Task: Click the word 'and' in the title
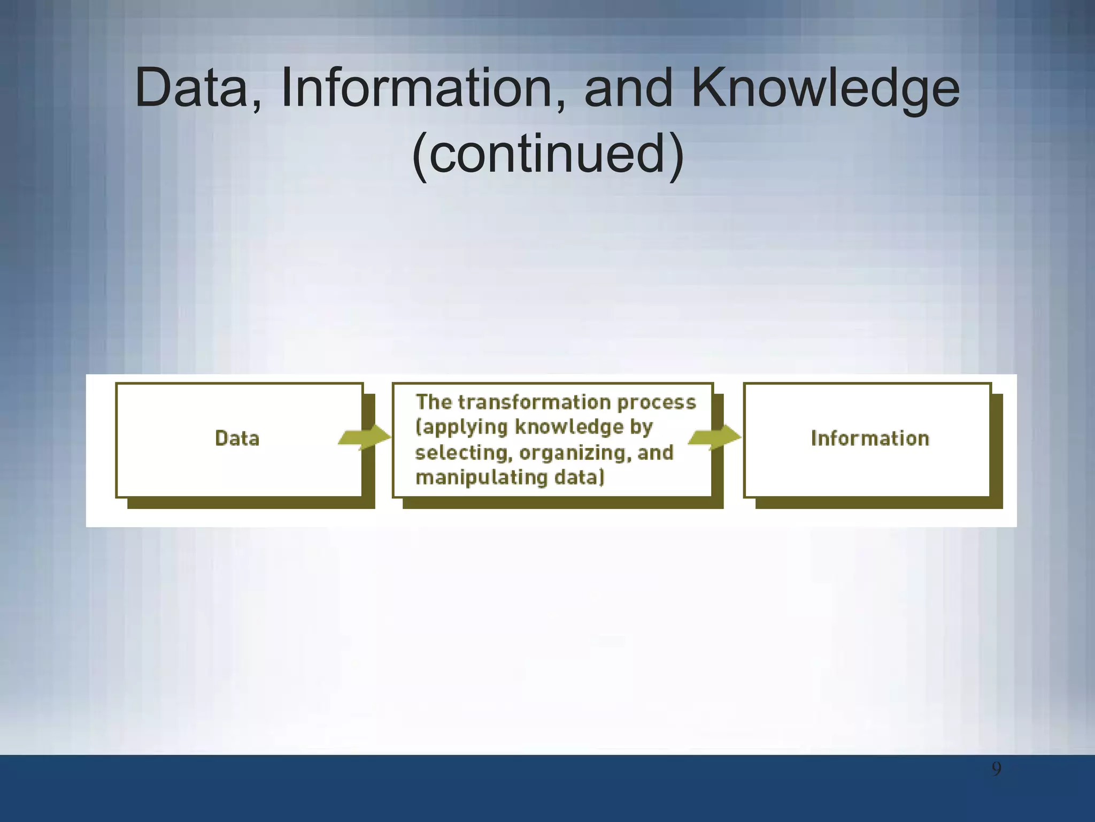[628, 88]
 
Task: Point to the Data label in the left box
[237, 438]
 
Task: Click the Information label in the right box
[870, 438]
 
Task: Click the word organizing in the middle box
[573, 453]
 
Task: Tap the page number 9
[996, 769]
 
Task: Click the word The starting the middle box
[434, 402]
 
